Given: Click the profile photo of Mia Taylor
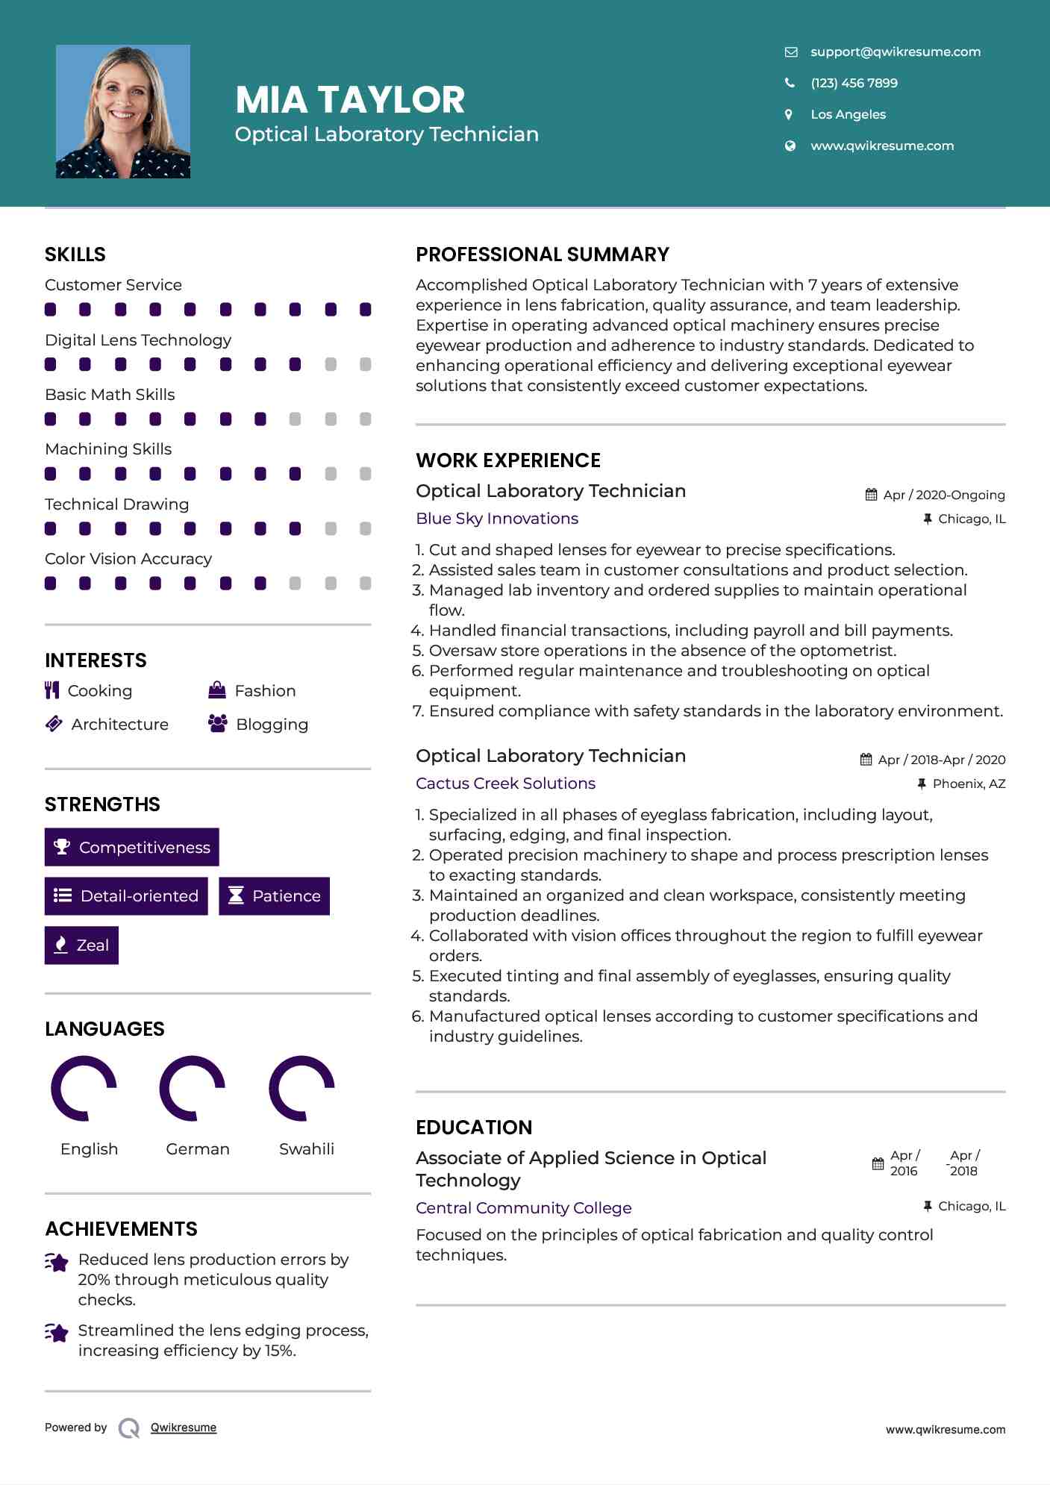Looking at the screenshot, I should coord(123,112).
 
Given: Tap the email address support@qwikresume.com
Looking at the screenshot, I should coord(896,51).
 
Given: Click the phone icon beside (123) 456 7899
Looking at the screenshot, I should coord(790,83).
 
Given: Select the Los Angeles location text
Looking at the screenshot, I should coord(848,114).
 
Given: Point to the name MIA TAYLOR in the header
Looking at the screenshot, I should coord(350,99).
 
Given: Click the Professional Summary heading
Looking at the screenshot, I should coord(543,254).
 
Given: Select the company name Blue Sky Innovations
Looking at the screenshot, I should coord(497,519).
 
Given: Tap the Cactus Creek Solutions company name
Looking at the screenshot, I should coord(505,784).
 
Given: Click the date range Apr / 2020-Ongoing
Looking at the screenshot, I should coord(943,495).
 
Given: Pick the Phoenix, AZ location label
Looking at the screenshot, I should coord(969,784).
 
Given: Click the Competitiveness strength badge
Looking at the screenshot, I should coord(132,847).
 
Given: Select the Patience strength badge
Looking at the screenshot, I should coord(274,896).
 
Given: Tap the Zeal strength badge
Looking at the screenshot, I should coord(81,945).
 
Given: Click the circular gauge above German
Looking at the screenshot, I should coord(193,1089).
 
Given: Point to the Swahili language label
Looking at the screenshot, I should coord(307,1149).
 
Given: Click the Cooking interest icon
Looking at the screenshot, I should coord(51,690).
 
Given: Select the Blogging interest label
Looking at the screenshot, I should coord(272,725).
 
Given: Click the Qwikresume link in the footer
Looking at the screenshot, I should coord(184,1428).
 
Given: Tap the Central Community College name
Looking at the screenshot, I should coord(523,1208).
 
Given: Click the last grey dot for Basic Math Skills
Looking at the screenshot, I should coord(366,419).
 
